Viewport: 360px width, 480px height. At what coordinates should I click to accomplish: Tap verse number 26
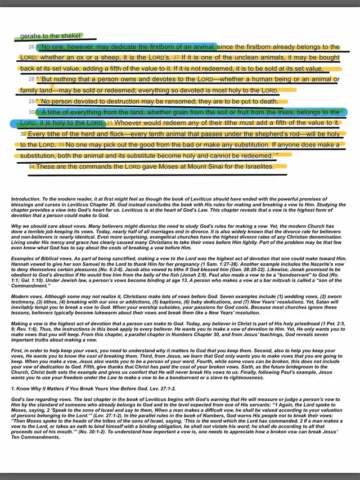tap(31, 47)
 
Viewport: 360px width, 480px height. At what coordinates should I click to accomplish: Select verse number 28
tap(31, 79)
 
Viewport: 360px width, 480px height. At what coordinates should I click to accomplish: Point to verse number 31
tap(109, 123)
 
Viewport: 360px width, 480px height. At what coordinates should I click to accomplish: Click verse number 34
tap(31, 167)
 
